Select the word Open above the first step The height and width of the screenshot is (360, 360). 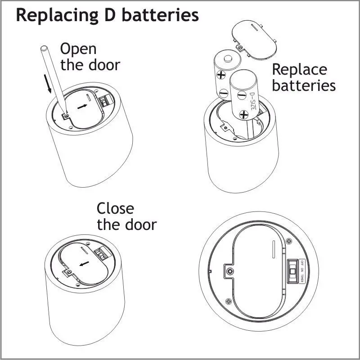[78, 49]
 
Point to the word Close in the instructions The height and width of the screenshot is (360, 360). [115, 208]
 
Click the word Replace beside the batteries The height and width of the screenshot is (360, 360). [299, 70]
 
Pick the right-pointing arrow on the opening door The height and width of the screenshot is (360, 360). [82, 106]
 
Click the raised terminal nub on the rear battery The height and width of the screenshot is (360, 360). [229, 57]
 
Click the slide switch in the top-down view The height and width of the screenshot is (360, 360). [292, 272]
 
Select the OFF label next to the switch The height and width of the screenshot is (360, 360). [302, 263]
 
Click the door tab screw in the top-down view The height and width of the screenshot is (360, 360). [229, 271]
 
